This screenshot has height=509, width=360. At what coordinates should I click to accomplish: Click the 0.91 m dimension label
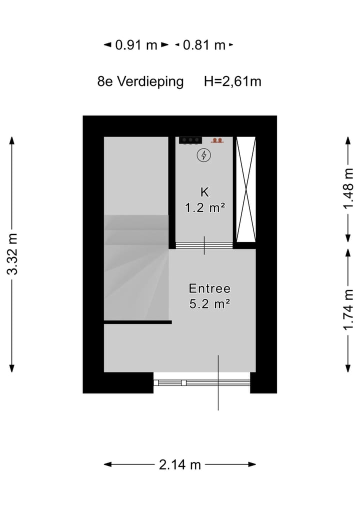(136, 45)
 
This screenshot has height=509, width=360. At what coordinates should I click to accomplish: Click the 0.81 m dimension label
(203, 45)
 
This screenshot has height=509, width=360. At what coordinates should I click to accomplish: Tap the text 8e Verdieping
(140, 81)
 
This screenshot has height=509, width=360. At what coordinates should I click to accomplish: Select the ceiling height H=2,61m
(232, 81)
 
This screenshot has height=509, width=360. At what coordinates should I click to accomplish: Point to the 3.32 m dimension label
(12, 254)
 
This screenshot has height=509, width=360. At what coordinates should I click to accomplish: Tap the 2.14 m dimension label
(180, 464)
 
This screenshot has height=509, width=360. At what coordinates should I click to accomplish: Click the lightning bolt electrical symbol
(203, 155)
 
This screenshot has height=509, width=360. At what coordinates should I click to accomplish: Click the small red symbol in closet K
(216, 140)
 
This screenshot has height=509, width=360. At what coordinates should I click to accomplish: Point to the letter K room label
(203, 191)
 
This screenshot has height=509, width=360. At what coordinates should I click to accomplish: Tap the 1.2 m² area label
(203, 208)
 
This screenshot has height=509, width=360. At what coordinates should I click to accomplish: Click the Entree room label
(209, 288)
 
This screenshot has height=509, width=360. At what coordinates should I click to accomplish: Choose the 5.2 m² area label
(209, 303)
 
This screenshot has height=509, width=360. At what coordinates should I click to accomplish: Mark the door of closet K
(204, 245)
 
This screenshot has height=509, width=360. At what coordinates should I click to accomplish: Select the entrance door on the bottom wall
(202, 382)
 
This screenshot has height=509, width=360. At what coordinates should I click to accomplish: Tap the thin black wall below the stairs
(137, 322)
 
